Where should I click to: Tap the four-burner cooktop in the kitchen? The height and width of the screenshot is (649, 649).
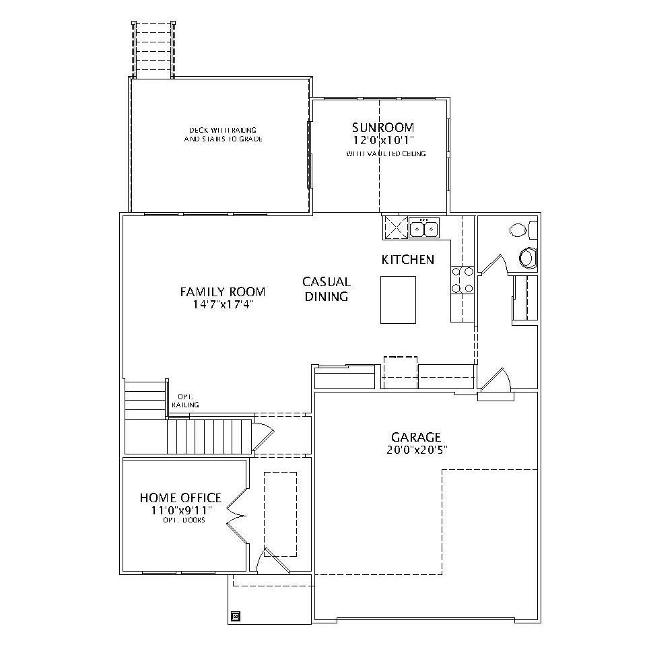click(x=462, y=279)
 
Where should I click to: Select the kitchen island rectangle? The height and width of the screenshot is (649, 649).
click(x=399, y=300)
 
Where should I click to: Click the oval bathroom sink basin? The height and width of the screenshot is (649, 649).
click(x=518, y=230)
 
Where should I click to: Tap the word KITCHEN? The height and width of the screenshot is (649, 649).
click(x=407, y=259)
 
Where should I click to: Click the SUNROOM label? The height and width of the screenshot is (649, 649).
click(x=383, y=127)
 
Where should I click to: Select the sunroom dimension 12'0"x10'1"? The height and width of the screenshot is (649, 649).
click(x=383, y=140)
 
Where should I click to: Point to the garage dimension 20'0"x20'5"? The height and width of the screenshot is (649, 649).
click(x=417, y=449)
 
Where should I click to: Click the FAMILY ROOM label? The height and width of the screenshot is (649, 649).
click(x=222, y=292)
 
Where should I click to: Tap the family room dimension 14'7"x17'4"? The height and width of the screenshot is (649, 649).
click(x=222, y=304)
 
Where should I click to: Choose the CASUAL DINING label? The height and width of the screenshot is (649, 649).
click(x=326, y=289)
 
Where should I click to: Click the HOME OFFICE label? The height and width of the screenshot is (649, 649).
click(x=180, y=498)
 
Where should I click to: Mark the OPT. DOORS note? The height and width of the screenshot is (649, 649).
click(x=183, y=520)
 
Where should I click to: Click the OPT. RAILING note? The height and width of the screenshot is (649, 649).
click(x=184, y=401)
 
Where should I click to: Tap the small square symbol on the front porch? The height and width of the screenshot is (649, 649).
click(x=235, y=615)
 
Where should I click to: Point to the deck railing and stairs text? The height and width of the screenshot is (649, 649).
click(x=223, y=134)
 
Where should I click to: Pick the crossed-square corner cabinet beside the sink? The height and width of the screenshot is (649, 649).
click(x=395, y=228)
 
